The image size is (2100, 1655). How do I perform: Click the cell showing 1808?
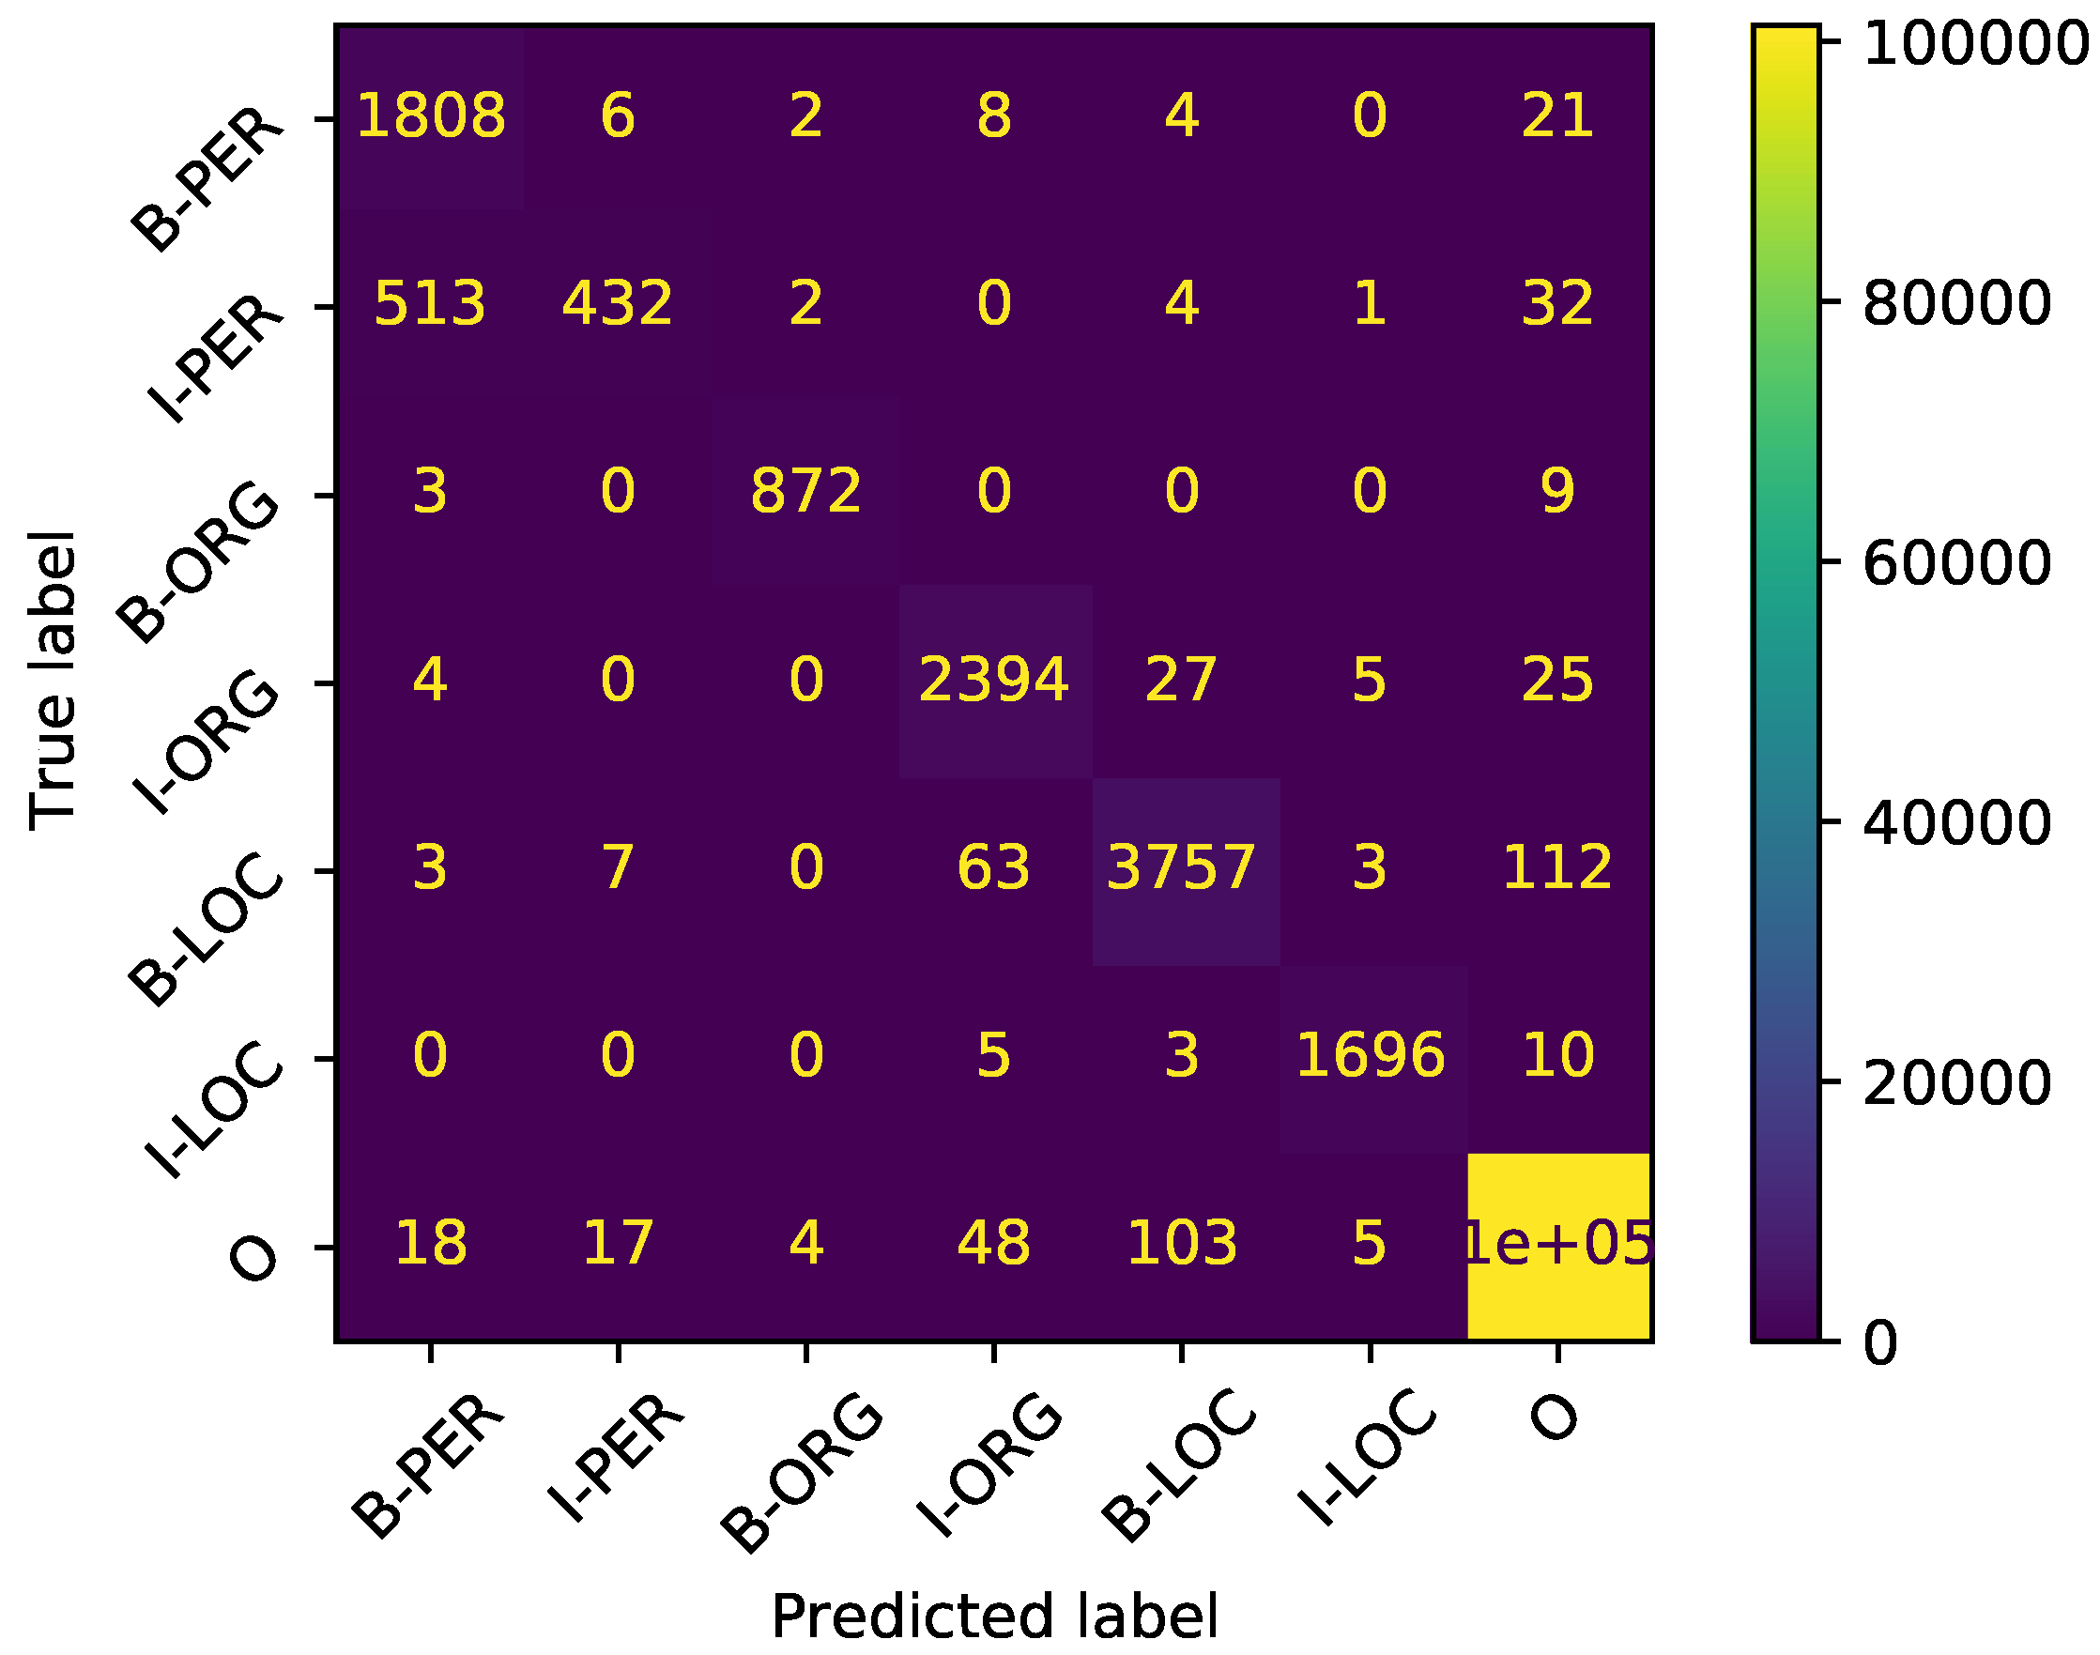point(430,116)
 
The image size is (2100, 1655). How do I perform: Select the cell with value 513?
point(430,304)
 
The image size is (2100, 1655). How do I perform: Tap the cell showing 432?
point(618,304)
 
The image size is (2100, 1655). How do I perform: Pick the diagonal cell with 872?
point(805,491)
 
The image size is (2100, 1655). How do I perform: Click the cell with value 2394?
point(993,681)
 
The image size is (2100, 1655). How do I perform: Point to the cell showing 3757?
point(1181,868)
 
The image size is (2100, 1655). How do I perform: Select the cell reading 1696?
point(1370,1055)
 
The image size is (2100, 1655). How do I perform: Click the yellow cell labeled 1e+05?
point(1557,1244)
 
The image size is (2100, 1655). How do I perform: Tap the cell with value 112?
point(1557,868)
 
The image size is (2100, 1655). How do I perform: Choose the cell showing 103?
point(1181,1244)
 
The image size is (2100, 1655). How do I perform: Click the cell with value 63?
point(993,868)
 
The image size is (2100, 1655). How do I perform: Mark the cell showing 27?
point(1181,681)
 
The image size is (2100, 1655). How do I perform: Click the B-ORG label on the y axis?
point(199,562)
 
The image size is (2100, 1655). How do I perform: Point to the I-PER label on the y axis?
point(215,359)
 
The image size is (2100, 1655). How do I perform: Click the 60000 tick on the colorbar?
point(1955,563)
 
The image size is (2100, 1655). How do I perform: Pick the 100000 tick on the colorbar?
point(1973,44)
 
